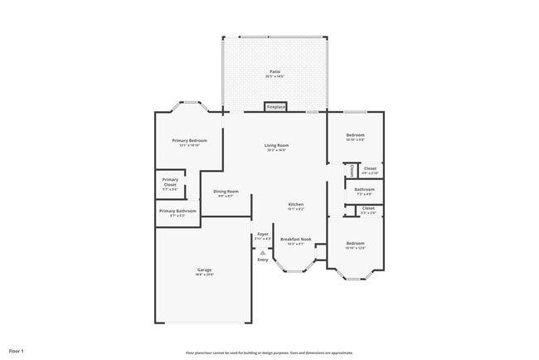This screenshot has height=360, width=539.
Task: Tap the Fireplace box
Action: click(x=275, y=107)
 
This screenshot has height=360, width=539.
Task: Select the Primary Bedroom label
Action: click(x=189, y=141)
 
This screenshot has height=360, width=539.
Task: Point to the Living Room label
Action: click(x=276, y=145)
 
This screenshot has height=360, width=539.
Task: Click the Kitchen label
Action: click(x=296, y=204)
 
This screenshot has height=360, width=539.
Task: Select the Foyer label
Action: click(x=262, y=235)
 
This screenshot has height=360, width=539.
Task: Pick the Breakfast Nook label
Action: click(x=295, y=239)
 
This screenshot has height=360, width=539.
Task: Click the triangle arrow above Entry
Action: click(x=263, y=251)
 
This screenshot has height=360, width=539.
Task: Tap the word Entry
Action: click(x=263, y=260)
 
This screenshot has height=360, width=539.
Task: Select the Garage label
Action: click(x=204, y=270)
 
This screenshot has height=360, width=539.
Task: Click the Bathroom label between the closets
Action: click(x=365, y=189)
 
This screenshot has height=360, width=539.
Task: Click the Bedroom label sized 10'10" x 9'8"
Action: click(x=355, y=135)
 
